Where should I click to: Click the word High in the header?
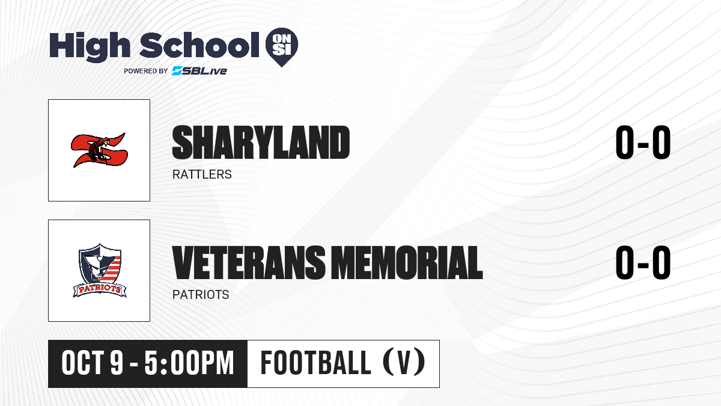tap(90, 47)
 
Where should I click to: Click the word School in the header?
tap(199, 45)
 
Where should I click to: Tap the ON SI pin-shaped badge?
tap(282, 47)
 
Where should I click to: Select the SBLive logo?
tap(199, 71)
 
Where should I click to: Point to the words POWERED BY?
tap(146, 71)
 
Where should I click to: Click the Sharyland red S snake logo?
tap(99, 150)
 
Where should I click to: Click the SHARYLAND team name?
tap(261, 143)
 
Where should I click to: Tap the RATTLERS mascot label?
tap(202, 174)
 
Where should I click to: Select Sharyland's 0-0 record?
tap(643, 143)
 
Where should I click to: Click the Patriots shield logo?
tap(100, 270)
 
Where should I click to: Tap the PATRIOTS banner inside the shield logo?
tap(100, 290)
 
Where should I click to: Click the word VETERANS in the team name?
tap(249, 262)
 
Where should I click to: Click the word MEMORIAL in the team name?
tap(407, 262)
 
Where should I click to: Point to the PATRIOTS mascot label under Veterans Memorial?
tap(201, 295)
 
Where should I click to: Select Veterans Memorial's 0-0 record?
tap(643, 262)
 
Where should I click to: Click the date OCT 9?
tap(93, 363)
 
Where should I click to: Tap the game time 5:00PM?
tap(189, 363)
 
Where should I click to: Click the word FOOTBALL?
tap(316, 363)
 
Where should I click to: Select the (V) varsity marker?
tap(404, 363)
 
